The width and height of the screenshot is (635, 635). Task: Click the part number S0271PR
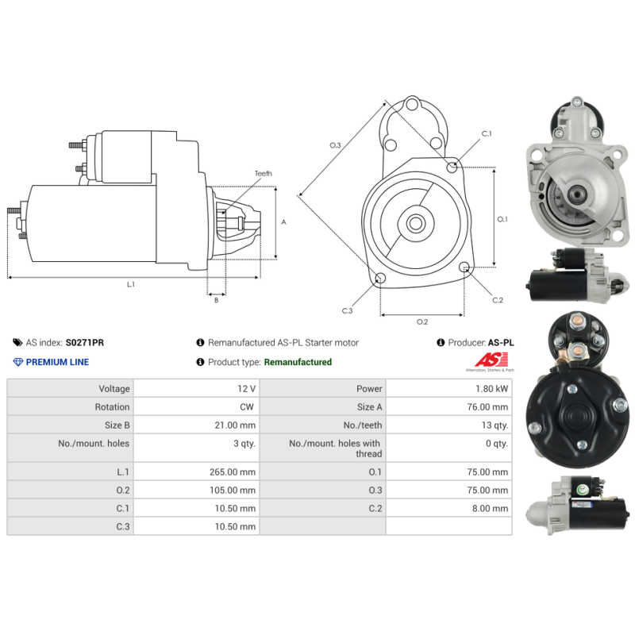click(x=85, y=343)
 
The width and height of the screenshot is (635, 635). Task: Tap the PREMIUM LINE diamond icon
click(x=17, y=362)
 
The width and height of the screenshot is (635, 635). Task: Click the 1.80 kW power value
click(x=491, y=389)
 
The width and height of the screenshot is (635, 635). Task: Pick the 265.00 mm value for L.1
click(x=233, y=471)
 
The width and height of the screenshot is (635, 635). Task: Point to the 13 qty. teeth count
click(x=495, y=425)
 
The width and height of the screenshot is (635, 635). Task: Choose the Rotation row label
click(x=112, y=407)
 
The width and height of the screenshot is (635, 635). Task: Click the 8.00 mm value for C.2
click(x=490, y=508)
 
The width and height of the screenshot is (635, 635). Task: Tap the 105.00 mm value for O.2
click(x=233, y=490)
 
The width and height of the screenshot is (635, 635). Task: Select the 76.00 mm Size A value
click(x=487, y=407)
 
